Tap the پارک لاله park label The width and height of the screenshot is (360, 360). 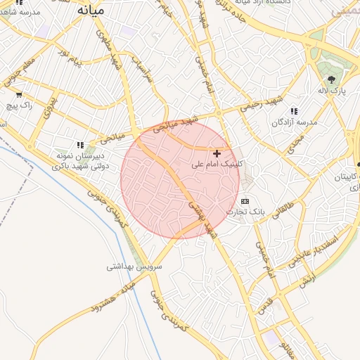click(x=332, y=91)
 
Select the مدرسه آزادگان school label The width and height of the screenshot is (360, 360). click(x=295, y=122)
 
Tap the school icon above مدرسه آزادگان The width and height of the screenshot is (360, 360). click(x=293, y=110)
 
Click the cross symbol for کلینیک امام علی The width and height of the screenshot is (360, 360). click(x=217, y=153)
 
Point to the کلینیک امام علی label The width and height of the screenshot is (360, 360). click(x=217, y=164)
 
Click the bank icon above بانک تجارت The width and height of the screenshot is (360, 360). click(x=245, y=201)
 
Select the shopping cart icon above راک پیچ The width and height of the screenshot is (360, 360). click(x=18, y=94)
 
